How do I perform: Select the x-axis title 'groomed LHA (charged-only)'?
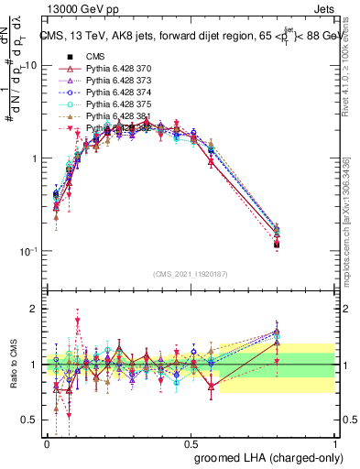click(x=265, y=455)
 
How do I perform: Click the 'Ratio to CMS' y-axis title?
click(x=12, y=365)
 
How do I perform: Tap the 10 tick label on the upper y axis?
click(x=30, y=65)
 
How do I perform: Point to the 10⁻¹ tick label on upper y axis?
click(x=27, y=251)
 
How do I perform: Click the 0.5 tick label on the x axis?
click(x=191, y=441)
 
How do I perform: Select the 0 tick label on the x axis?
click(x=47, y=441)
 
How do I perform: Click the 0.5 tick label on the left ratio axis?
click(x=32, y=420)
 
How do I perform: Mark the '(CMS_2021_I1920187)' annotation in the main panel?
click(x=191, y=272)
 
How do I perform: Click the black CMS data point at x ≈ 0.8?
click(x=277, y=245)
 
